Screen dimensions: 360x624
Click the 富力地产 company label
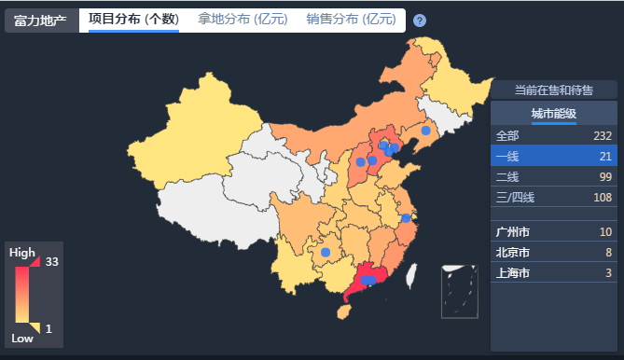(41, 21)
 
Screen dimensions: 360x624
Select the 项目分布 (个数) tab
(133, 20)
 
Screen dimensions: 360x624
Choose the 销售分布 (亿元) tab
(351, 20)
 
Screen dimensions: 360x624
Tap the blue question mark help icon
(420, 21)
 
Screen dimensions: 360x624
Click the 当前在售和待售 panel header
(554, 90)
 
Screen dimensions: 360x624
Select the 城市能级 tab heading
(554, 114)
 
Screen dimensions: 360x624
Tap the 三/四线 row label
(514, 197)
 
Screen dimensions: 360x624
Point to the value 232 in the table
(602, 135)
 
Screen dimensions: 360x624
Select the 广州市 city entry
(513, 232)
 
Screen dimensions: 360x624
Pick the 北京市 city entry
(513, 253)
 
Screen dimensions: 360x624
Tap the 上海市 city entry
(513, 273)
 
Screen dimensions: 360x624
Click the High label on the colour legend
(22, 253)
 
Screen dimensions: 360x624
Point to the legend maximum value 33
(52, 262)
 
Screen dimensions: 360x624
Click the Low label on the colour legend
(22, 338)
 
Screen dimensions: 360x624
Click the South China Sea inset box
(459, 291)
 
